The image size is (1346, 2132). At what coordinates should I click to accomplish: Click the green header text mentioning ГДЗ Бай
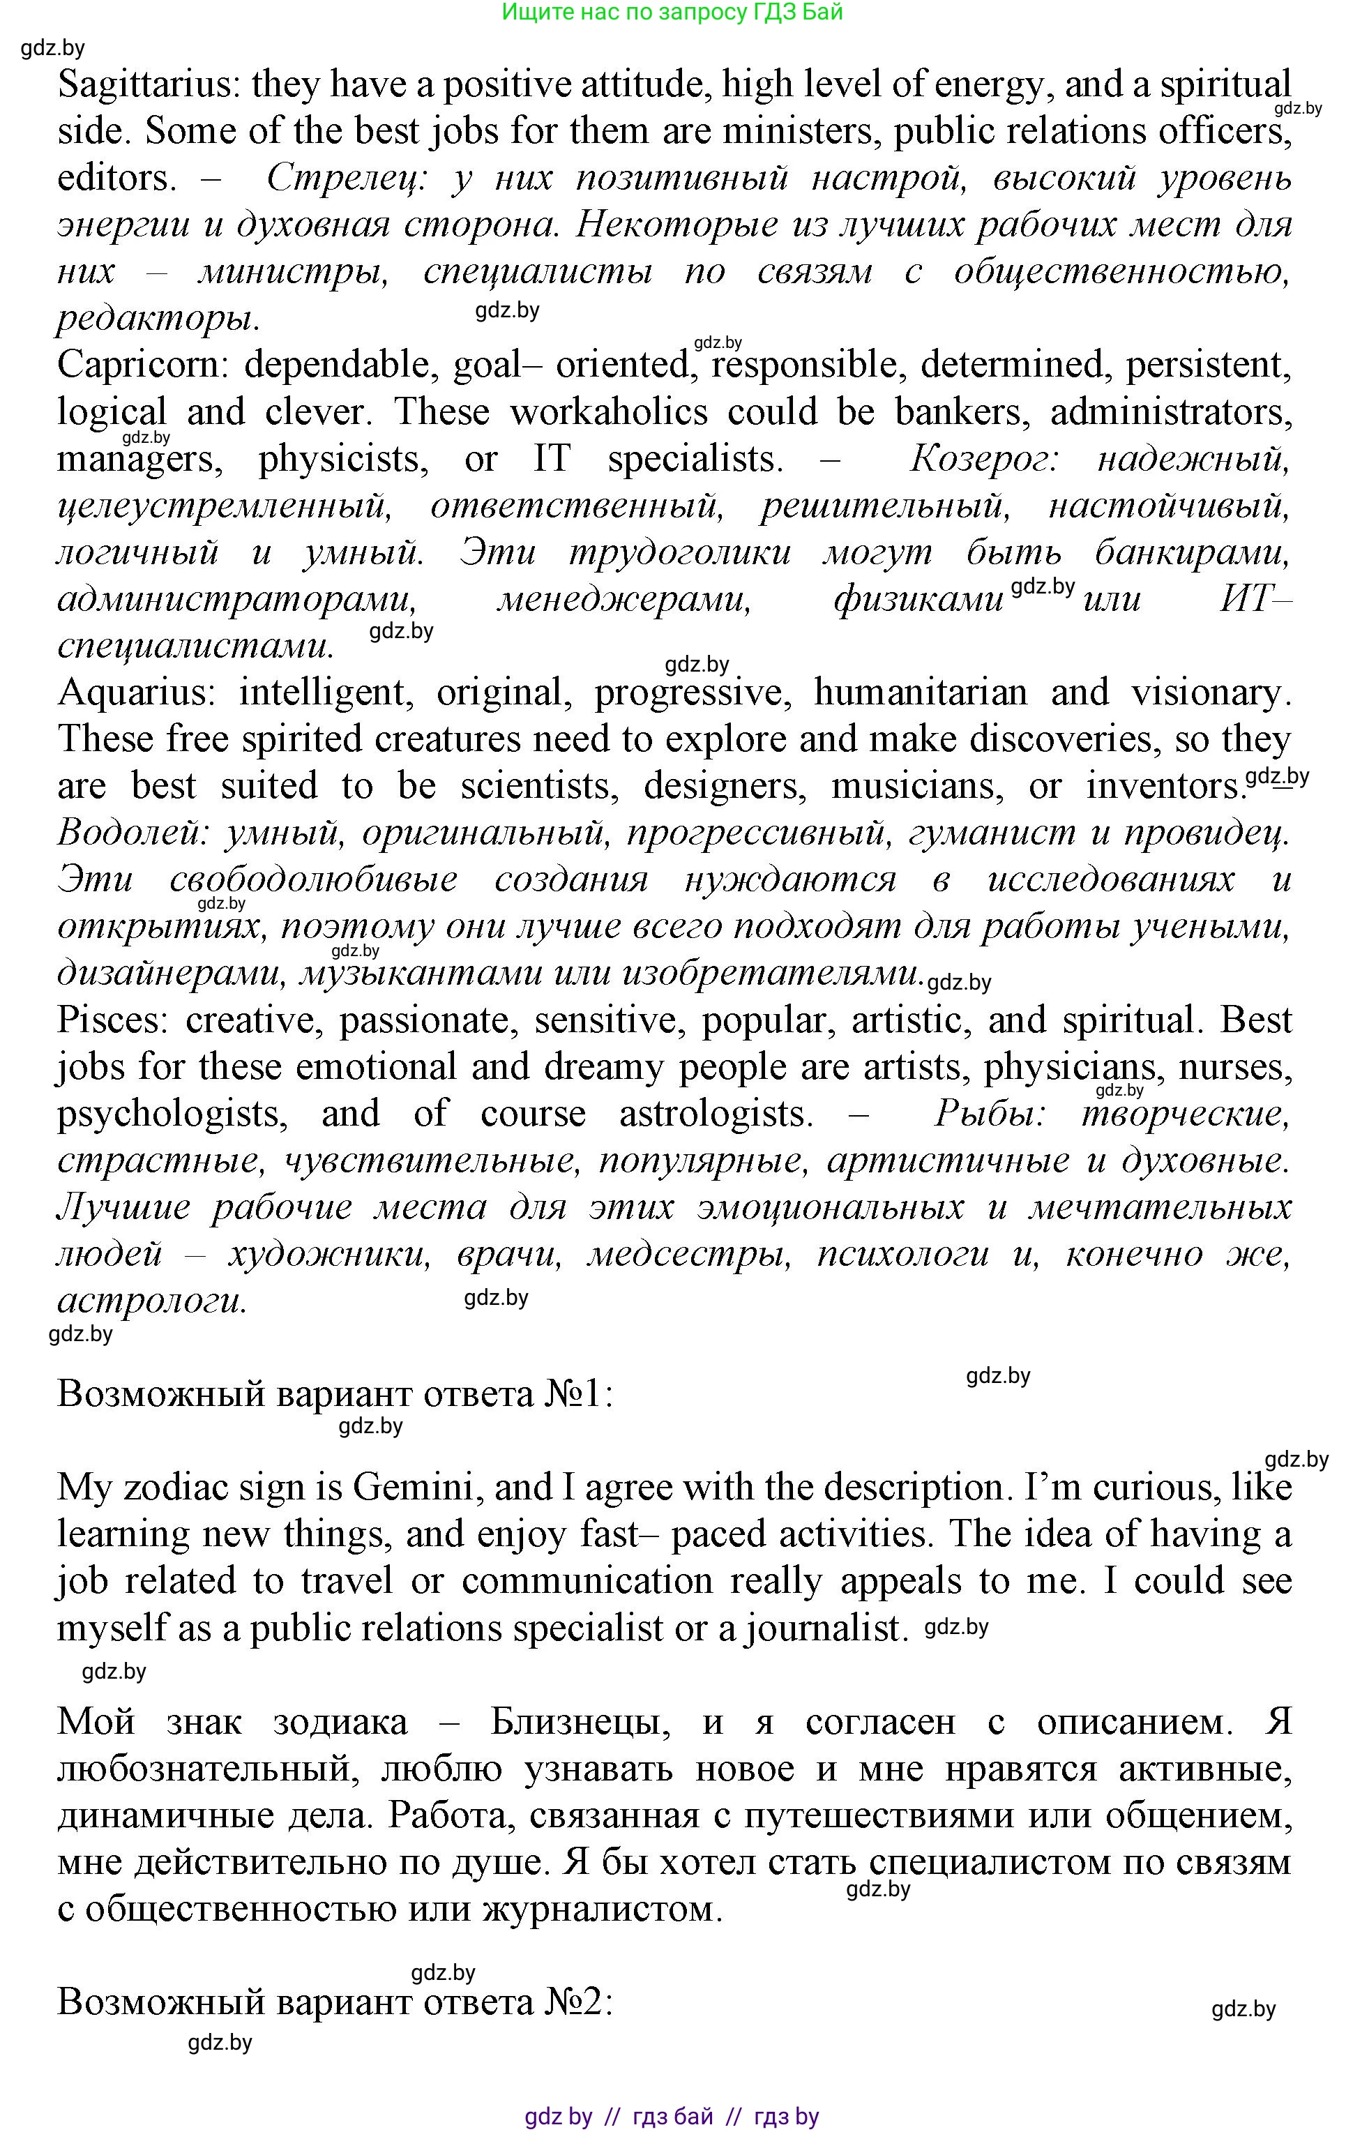coord(672,13)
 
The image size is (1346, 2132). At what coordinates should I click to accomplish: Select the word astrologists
coord(716,1114)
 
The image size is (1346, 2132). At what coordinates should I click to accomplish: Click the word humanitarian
coord(920,693)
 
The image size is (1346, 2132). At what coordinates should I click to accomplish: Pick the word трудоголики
coord(680,552)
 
